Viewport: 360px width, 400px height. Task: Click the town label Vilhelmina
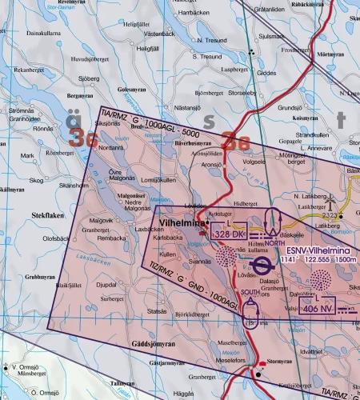click(x=182, y=225)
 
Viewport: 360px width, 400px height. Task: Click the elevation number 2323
click(x=329, y=216)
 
